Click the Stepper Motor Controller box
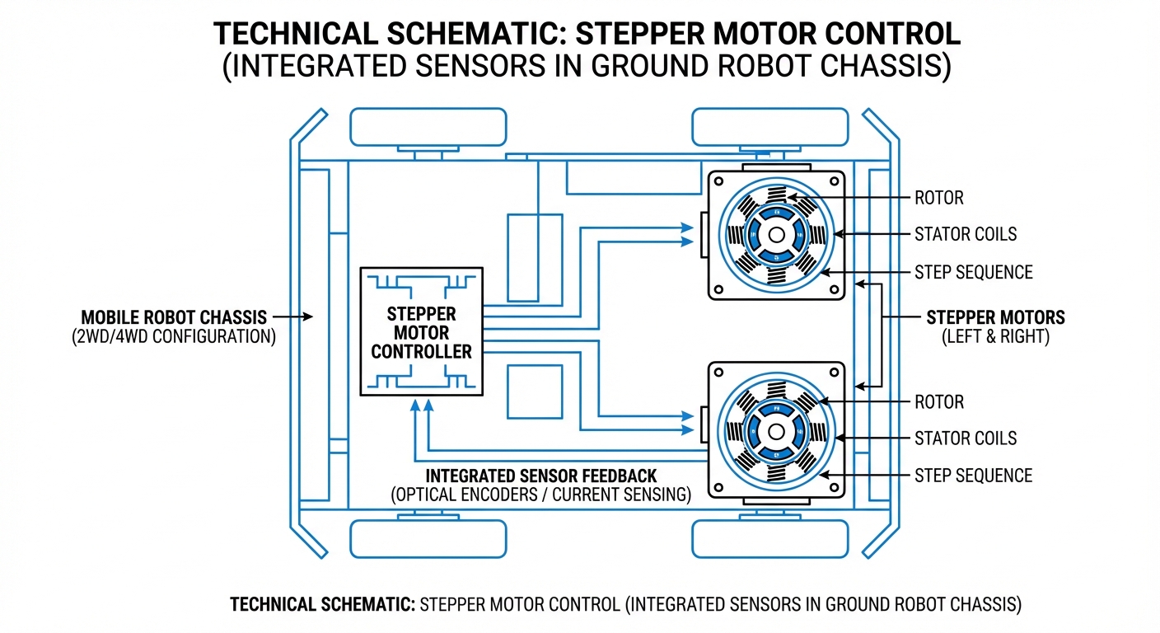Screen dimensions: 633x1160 coord(421,332)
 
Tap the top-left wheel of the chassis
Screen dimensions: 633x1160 coord(428,127)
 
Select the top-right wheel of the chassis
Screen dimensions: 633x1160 coord(769,127)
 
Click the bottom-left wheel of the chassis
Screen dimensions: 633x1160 coord(428,538)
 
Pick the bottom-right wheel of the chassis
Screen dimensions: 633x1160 coord(769,538)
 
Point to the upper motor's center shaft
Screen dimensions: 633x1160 coord(776,235)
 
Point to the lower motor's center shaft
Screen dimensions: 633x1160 coord(776,431)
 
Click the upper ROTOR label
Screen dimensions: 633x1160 coord(938,198)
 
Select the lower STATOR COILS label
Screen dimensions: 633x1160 coord(965,438)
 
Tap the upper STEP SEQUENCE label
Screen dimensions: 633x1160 coord(973,272)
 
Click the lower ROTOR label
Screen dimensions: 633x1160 coord(938,402)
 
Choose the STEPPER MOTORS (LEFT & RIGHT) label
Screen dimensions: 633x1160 coord(995,326)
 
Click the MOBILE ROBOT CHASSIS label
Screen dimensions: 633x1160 coord(173,317)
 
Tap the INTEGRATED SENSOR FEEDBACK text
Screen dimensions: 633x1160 coord(540,476)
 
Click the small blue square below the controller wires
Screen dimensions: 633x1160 coord(534,392)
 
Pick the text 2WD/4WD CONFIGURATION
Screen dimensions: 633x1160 coord(173,337)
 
